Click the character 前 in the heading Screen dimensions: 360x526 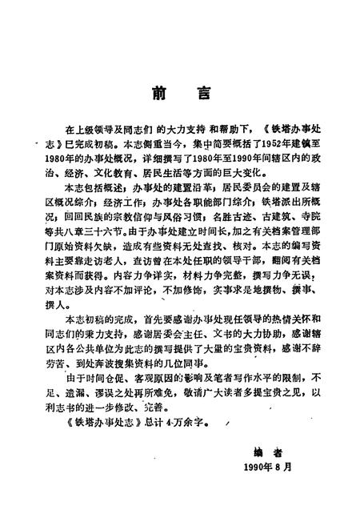click(156, 93)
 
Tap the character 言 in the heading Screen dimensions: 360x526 click(204, 93)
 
